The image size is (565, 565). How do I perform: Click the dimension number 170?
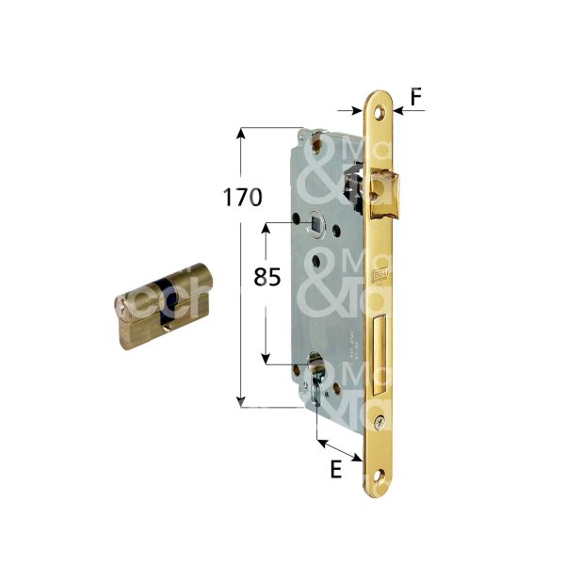(x=242, y=198)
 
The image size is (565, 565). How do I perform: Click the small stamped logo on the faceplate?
(x=379, y=276)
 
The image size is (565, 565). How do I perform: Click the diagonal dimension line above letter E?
(x=339, y=449)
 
